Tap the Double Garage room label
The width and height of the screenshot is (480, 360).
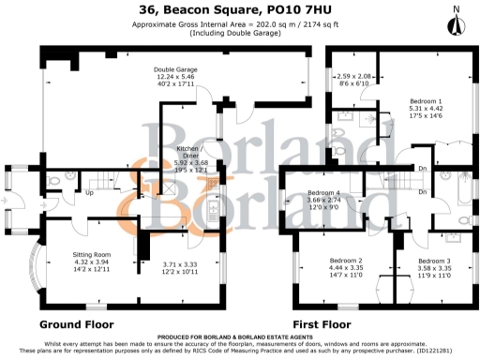click(176, 68)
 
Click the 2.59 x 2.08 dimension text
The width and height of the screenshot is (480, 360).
click(352, 76)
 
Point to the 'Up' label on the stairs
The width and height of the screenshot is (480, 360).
click(89, 195)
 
